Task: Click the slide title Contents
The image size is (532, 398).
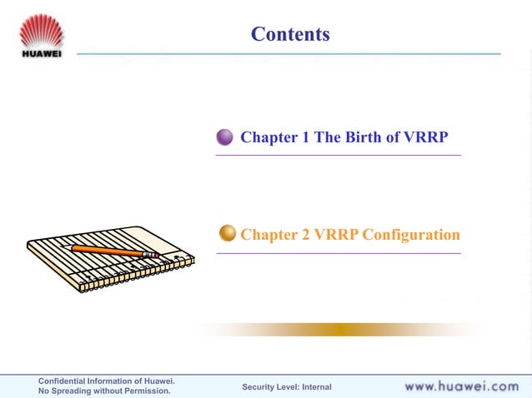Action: tap(290, 34)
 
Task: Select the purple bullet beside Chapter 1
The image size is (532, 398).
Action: tap(225, 137)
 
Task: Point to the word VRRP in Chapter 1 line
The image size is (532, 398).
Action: tap(425, 137)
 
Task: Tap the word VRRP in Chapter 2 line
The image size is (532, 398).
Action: tap(335, 235)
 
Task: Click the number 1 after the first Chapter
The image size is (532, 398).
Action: tap(304, 137)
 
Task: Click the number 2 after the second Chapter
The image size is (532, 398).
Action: tap(304, 235)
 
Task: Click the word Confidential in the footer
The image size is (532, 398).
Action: tap(66, 381)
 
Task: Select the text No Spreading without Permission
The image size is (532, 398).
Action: tap(104, 391)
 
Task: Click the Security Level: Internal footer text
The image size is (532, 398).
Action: tap(286, 386)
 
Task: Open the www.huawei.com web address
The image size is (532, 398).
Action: tap(461, 386)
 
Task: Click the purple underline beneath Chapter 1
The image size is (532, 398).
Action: tap(338, 155)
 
